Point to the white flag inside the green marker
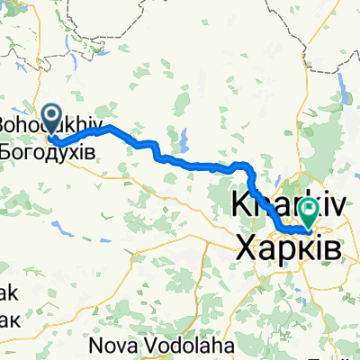pos(310,211)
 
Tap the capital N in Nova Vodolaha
pos(96,345)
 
